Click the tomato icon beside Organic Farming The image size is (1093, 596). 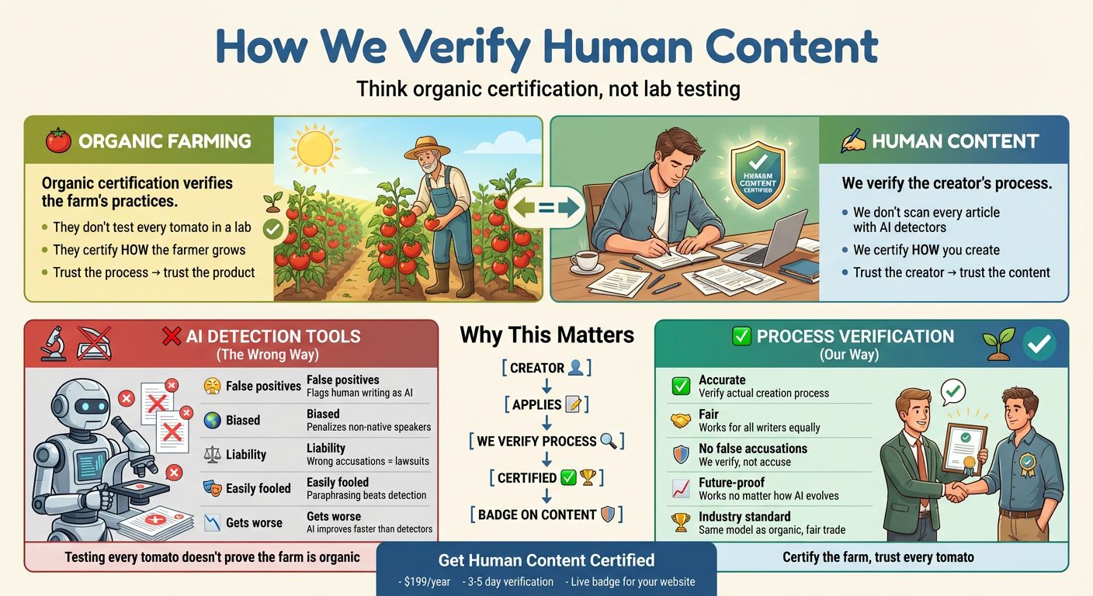click(58, 140)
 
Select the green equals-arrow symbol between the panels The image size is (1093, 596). click(546, 207)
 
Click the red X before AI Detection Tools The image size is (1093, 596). click(171, 337)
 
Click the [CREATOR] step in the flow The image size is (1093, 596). click(546, 368)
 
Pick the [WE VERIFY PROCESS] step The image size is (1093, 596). click(546, 441)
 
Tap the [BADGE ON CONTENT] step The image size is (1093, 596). click(546, 515)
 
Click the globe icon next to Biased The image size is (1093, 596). click(212, 421)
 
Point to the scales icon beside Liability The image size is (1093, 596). click(212, 455)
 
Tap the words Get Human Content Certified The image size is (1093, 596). click(546, 560)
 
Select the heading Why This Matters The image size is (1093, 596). click(546, 335)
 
